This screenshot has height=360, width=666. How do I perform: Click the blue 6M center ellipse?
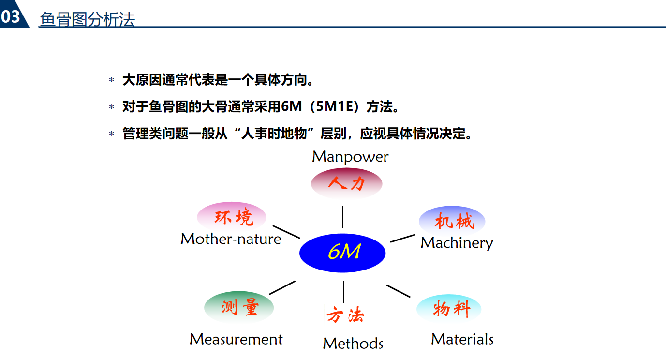click(342, 253)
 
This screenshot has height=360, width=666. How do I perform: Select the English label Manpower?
click(350, 157)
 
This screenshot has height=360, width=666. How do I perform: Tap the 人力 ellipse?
click(346, 183)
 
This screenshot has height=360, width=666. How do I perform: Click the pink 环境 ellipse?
click(232, 217)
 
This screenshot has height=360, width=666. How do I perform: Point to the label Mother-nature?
click(231, 239)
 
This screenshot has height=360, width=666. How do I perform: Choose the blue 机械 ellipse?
click(452, 221)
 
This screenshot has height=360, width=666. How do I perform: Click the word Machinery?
click(457, 243)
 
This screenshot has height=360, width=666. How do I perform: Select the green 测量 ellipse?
click(239, 307)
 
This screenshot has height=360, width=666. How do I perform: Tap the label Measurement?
click(236, 339)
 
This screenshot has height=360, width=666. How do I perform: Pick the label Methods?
click(353, 344)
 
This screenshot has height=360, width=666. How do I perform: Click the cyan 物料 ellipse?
click(449, 309)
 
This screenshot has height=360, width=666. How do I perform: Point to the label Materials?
click(462, 339)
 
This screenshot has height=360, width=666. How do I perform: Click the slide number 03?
click(11, 17)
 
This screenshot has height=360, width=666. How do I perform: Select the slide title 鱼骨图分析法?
click(87, 19)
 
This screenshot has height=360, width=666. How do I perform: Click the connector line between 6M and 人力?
click(342, 216)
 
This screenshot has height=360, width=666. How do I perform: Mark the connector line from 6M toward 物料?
click(398, 291)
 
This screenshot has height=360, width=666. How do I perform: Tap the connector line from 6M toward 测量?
click(282, 287)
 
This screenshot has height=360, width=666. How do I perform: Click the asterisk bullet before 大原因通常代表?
click(112, 80)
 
